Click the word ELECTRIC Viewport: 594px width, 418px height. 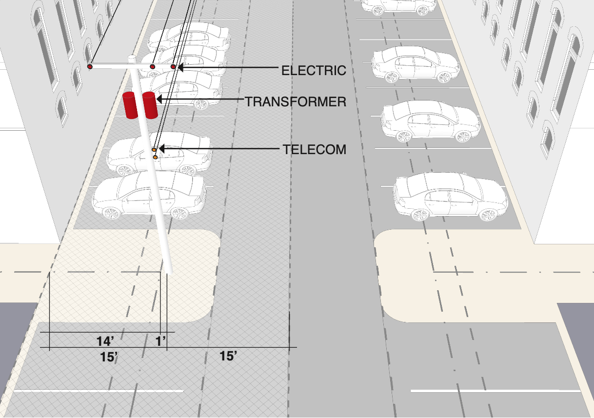pyautogui.click(x=314, y=70)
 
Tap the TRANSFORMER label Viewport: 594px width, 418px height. pyautogui.click(x=295, y=102)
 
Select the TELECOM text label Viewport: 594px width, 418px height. pyautogui.click(x=315, y=150)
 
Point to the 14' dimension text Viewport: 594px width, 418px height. pyautogui.click(x=105, y=341)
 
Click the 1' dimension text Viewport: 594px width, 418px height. pyautogui.click(x=160, y=341)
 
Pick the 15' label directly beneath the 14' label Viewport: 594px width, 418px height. pyautogui.click(x=110, y=357)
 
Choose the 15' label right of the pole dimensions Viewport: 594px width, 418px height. pyautogui.click(x=228, y=356)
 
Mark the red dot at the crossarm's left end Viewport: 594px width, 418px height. pyautogui.click(x=90, y=66)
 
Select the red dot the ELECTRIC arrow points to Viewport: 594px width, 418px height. pyautogui.click(x=173, y=66)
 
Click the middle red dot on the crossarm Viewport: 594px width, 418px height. pyautogui.click(x=152, y=66)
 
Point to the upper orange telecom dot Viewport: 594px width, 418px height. pyautogui.click(x=154, y=149)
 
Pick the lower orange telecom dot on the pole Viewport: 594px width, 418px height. pyautogui.click(x=156, y=157)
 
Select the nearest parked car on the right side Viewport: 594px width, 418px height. pyautogui.click(x=451, y=197)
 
